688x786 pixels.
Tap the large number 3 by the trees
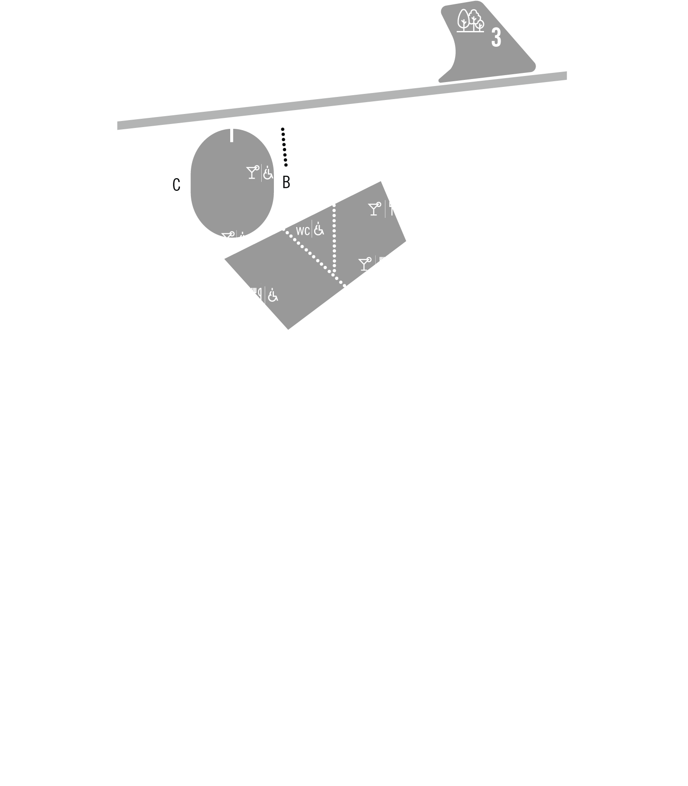(496, 38)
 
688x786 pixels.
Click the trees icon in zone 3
(470, 21)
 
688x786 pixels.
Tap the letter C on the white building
(176, 185)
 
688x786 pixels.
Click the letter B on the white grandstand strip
(286, 183)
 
